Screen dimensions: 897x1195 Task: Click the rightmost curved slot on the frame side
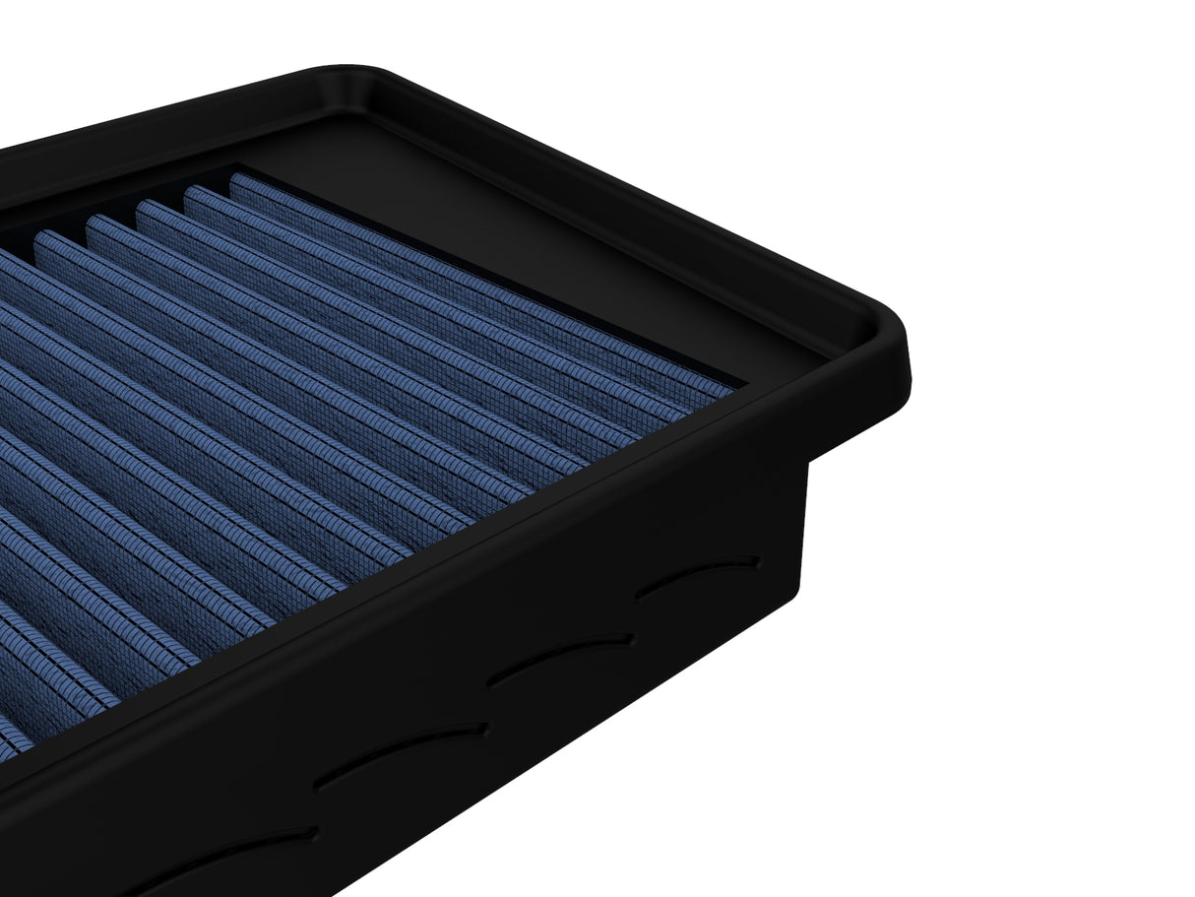(x=698, y=576)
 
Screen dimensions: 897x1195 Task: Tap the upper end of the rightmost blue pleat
(x=237, y=180)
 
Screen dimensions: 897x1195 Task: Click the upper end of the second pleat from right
(x=191, y=192)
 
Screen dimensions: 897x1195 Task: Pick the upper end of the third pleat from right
(x=142, y=207)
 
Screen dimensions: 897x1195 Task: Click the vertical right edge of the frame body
(x=805, y=522)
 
